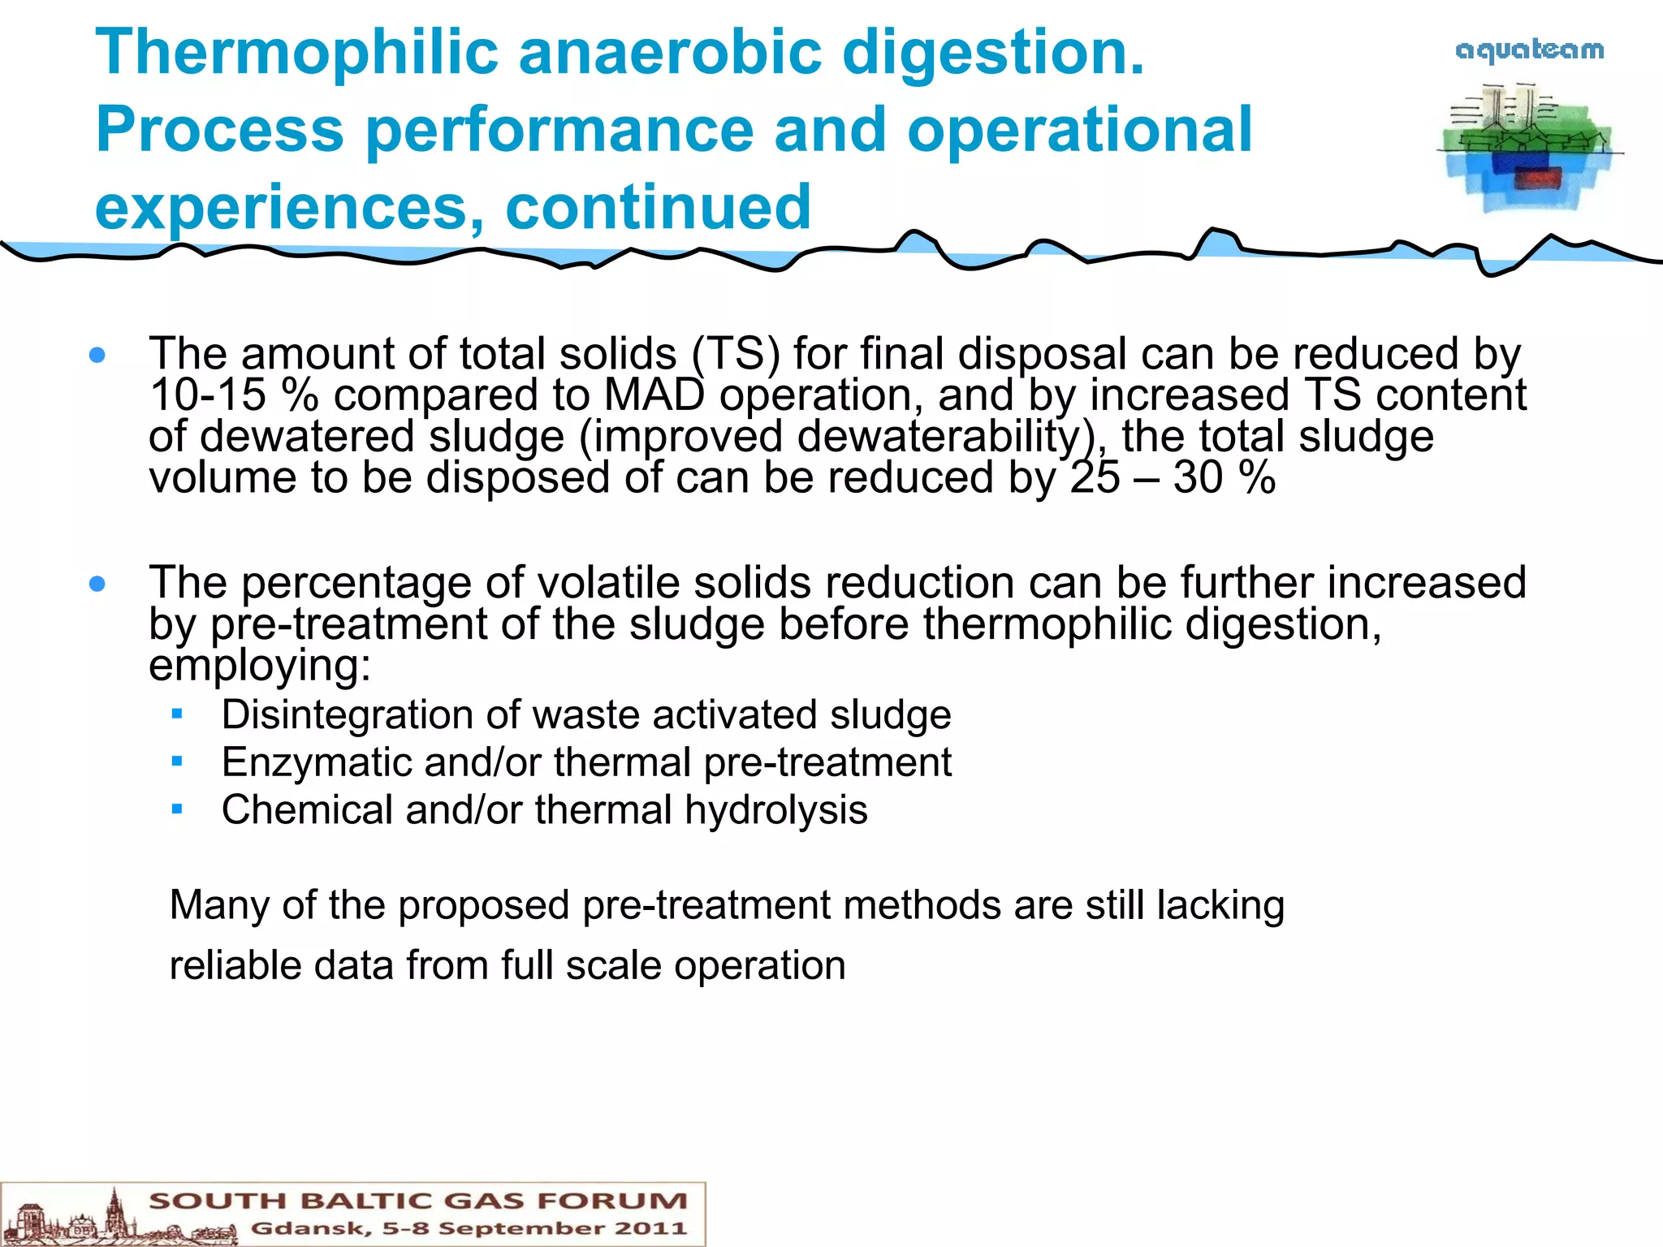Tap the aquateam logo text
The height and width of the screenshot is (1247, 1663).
[x=1530, y=50]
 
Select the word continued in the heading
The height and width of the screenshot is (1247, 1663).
[x=658, y=208]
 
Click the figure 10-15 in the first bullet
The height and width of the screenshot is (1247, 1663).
[x=208, y=395]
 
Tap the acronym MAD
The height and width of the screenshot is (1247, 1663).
[x=654, y=395]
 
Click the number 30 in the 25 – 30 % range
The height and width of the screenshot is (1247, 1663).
[x=1198, y=477]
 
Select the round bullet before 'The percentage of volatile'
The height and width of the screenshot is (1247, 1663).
[x=98, y=584]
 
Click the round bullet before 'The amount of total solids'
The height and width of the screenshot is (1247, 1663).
[x=98, y=355]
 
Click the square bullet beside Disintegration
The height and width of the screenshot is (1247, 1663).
[x=177, y=714]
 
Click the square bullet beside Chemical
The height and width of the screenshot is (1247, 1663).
[x=177, y=809]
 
